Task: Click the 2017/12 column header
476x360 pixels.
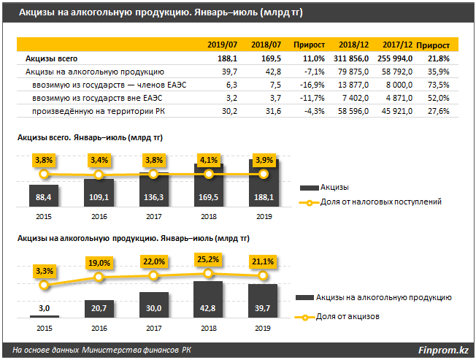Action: tap(400, 45)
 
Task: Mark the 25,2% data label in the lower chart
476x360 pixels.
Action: tap(209, 257)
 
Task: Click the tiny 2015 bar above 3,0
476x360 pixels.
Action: tap(44, 316)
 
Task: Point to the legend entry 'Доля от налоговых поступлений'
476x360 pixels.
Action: tap(380, 202)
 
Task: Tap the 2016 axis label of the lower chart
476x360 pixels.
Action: tap(99, 329)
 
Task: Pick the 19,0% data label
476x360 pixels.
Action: tap(99, 262)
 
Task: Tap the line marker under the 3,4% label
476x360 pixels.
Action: tap(99, 175)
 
